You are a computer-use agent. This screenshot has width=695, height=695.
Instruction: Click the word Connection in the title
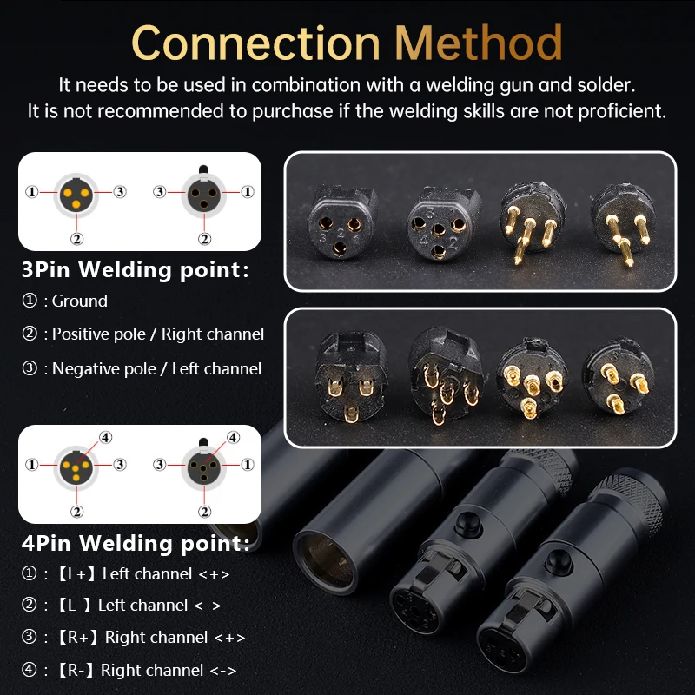[255, 43]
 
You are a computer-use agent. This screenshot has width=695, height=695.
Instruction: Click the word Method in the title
[479, 43]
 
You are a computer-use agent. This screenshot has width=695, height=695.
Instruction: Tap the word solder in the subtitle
[603, 84]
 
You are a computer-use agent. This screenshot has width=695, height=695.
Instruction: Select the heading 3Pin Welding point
[136, 269]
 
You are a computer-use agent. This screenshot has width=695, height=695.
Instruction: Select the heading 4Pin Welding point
[136, 543]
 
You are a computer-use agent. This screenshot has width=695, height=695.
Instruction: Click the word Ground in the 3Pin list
[80, 301]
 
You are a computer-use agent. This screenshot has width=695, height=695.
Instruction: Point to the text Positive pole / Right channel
[158, 334]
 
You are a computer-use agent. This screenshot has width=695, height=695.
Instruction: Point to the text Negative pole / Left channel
[157, 368]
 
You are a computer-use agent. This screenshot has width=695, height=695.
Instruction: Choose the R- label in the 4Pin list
[75, 670]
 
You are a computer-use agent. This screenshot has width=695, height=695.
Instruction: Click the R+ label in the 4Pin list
[77, 638]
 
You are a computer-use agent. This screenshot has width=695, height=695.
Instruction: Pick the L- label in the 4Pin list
[74, 605]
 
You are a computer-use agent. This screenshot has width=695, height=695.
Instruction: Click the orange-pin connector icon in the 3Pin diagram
[76, 195]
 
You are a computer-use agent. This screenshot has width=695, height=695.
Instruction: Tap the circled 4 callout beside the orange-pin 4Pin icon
[105, 438]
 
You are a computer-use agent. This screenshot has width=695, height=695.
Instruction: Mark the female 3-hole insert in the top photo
[341, 222]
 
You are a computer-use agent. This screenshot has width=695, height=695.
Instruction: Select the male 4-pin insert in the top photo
[532, 222]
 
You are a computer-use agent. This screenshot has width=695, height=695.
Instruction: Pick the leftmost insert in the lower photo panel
[350, 376]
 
